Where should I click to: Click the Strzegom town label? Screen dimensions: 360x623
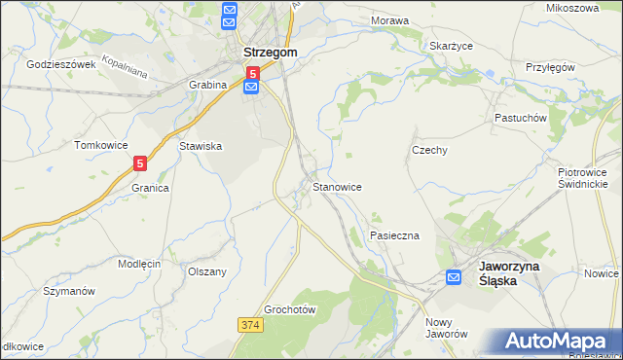[x=270, y=54]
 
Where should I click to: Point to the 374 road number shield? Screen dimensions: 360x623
[x=249, y=322]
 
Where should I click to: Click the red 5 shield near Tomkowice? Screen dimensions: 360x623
[x=141, y=164]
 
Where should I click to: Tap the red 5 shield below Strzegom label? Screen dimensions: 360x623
[x=252, y=73]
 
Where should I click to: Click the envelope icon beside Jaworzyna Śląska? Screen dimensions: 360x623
[x=454, y=277]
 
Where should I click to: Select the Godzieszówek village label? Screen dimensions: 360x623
[x=61, y=64]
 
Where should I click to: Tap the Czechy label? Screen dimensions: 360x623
[x=429, y=151]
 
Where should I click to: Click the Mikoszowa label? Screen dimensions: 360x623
[x=573, y=8]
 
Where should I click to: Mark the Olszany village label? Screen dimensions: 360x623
[x=207, y=271]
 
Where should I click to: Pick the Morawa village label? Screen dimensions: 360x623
[x=389, y=19]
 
